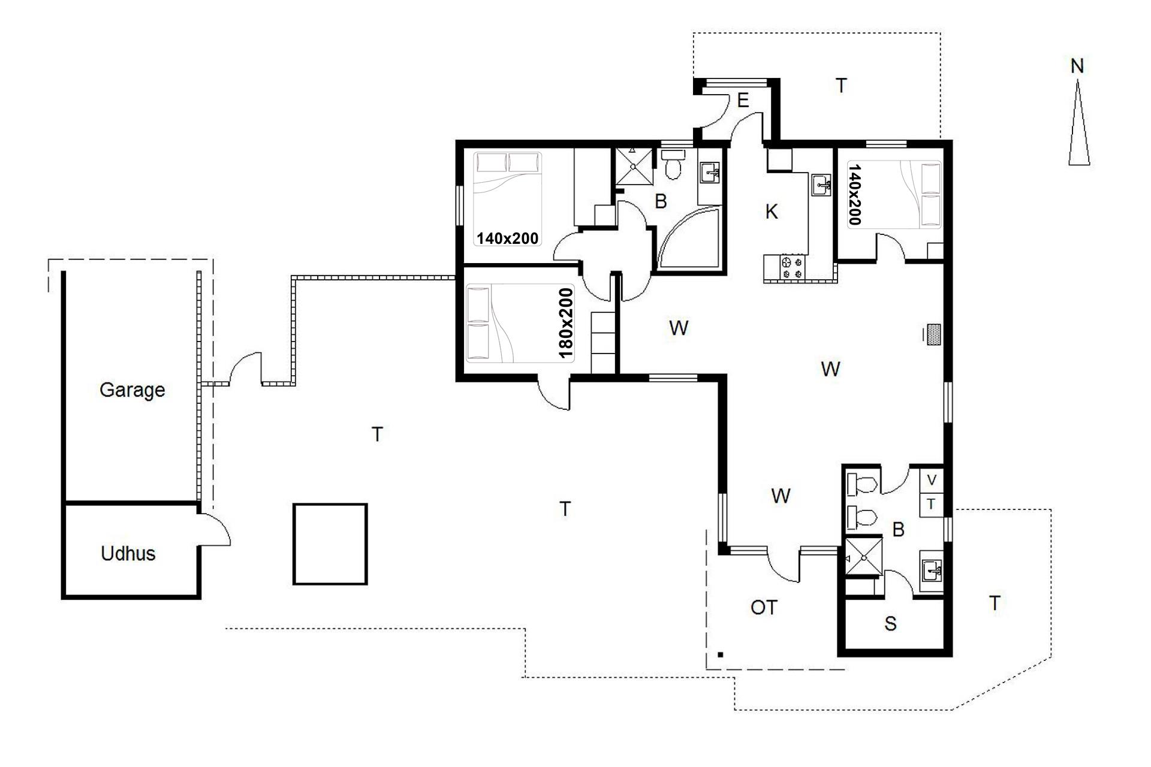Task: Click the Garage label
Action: point(132,390)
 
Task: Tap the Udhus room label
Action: point(128,553)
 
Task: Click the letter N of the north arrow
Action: point(1077,66)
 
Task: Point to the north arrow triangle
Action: point(1078,123)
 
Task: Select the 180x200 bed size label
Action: point(565,324)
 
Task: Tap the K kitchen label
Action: point(772,212)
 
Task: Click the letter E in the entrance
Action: point(743,101)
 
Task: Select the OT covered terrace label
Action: point(764,608)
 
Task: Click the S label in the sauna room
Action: point(890,624)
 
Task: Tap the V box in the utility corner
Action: point(932,480)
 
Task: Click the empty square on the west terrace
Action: point(330,544)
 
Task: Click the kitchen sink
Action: point(821,185)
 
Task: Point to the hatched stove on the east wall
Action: point(933,334)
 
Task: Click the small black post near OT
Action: point(721,655)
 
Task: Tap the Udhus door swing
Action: point(215,529)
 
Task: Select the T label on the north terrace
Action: point(841,86)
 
